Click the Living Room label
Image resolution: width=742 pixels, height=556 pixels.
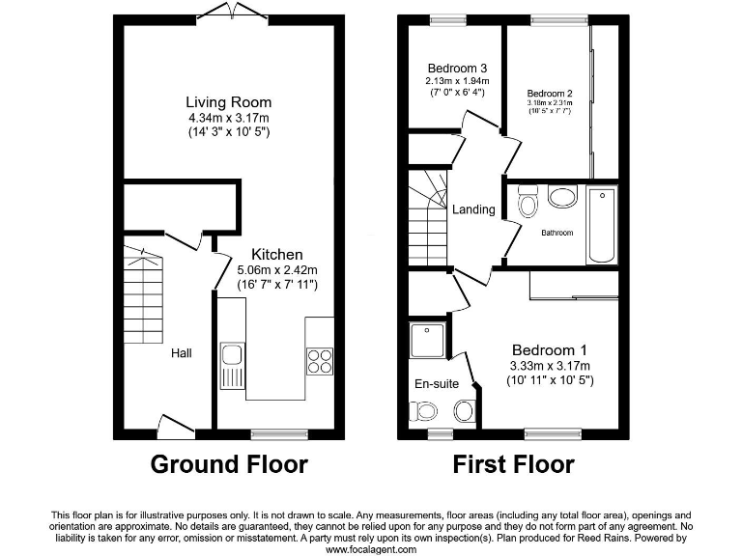(x=229, y=102)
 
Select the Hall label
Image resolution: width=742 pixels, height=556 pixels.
(x=181, y=353)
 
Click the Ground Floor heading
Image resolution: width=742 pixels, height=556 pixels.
(x=229, y=464)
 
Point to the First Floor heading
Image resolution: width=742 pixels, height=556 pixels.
(x=514, y=464)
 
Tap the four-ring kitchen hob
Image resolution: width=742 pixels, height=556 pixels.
(x=320, y=360)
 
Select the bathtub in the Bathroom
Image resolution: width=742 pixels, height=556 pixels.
(x=601, y=225)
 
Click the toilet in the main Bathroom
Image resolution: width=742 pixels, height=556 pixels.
(x=528, y=203)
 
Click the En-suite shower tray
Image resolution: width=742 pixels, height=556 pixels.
(x=426, y=341)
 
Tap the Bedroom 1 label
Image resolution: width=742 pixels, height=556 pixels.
(x=549, y=349)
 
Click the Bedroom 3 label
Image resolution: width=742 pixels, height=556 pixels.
(x=456, y=68)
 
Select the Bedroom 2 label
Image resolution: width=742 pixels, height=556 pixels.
(x=550, y=93)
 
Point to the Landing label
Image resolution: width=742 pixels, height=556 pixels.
(x=473, y=209)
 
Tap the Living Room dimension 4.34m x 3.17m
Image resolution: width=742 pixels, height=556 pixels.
(x=229, y=118)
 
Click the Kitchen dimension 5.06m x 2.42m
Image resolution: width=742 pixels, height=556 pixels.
(x=277, y=270)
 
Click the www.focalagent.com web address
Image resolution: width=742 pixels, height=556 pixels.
(x=370, y=548)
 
